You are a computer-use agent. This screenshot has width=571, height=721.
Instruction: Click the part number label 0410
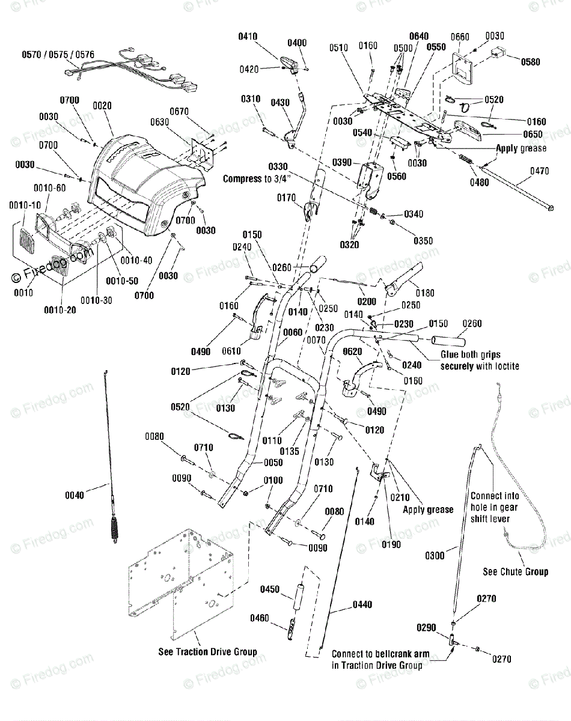(x=248, y=36)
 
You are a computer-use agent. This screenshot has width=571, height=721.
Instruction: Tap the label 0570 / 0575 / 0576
(x=58, y=55)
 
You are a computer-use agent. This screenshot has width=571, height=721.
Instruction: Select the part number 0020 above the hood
(x=102, y=106)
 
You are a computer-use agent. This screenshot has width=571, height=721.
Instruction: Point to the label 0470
(x=540, y=171)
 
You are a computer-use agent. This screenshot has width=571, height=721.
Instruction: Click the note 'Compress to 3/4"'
(x=257, y=178)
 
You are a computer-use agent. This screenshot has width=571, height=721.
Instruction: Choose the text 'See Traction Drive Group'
(x=207, y=652)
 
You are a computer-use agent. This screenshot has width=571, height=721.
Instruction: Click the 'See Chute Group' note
(x=515, y=571)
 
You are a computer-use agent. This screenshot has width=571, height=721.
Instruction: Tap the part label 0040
(x=75, y=495)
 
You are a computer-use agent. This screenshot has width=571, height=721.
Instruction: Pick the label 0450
(x=270, y=589)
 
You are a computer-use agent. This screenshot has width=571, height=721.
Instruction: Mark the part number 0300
(x=435, y=556)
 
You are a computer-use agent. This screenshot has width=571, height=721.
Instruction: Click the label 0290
(x=426, y=627)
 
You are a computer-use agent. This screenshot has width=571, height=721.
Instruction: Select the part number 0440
(x=362, y=604)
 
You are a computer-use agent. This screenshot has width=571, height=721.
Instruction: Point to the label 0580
(x=531, y=62)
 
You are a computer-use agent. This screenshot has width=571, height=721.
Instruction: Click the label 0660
(x=460, y=37)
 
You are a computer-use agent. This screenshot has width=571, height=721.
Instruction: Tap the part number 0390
(x=342, y=162)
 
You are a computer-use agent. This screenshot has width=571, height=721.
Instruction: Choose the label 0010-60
(x=50, y=188)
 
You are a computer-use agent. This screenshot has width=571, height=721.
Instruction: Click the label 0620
(x=352, y=351)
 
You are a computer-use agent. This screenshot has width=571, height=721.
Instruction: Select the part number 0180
(x=425, y=293)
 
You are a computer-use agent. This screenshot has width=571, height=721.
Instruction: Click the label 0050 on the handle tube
(x=273, y=463)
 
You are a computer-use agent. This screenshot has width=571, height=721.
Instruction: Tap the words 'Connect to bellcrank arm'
(x=380, y=654)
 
